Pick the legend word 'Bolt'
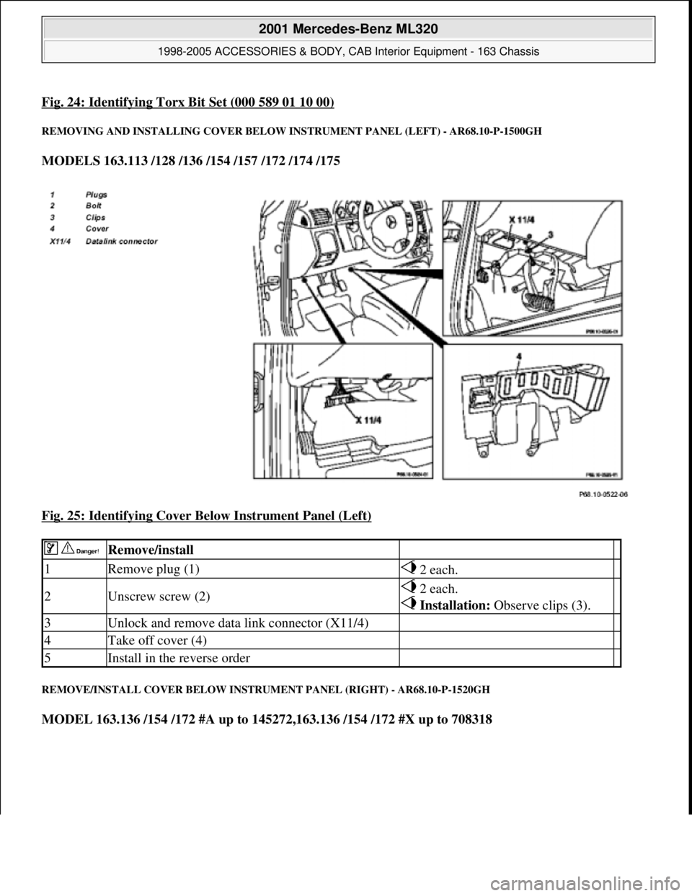[x=94, y=205]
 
